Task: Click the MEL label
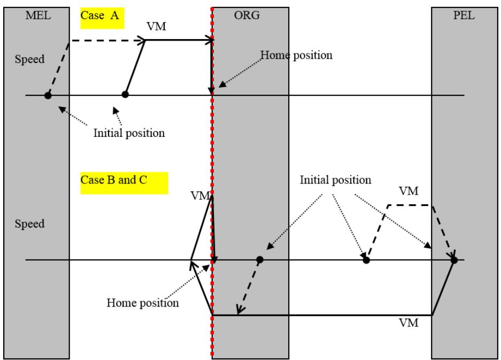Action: coord(38,16)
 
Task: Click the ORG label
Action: coord(246,16)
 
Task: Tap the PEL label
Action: coord(464,16)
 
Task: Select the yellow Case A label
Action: coord(102,18)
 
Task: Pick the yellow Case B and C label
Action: coord(124,183)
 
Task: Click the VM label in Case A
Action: coord(156,26)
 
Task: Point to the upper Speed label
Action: coord(29,59)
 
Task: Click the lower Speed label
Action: coord(29,224)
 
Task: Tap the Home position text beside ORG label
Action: coord(296,55)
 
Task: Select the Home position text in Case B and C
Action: coord(143,303)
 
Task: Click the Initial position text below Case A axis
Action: coord(129,133)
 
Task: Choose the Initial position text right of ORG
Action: coord(335,180)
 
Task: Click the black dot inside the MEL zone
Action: coord(48,95)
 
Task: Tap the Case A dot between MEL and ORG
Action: coord(125,94)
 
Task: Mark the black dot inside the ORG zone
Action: coord(260,259)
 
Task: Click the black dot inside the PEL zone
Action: coord(454,261)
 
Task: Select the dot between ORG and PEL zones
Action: coord(366,261)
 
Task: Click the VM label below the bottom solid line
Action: coord(408,323)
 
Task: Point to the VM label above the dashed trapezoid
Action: coord(408,191)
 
